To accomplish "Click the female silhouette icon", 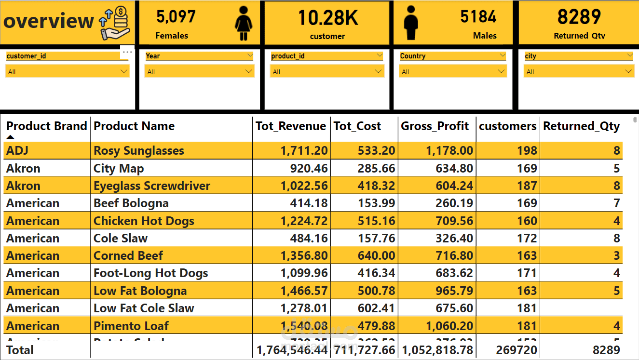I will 244,23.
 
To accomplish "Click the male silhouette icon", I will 411,23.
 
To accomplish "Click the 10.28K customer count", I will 327,18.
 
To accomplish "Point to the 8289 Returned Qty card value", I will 579,17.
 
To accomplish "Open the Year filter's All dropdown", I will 199,72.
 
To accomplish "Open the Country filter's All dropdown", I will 453,72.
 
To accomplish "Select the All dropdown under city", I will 579,72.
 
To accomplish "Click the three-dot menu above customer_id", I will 127,51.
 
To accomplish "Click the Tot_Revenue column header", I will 291,126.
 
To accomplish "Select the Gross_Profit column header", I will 435,126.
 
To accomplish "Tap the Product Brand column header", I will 46,126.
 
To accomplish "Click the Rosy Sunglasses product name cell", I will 139,150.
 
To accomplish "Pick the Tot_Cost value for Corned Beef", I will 376,255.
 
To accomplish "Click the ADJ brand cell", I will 17,150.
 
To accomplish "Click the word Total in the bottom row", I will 20,350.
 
